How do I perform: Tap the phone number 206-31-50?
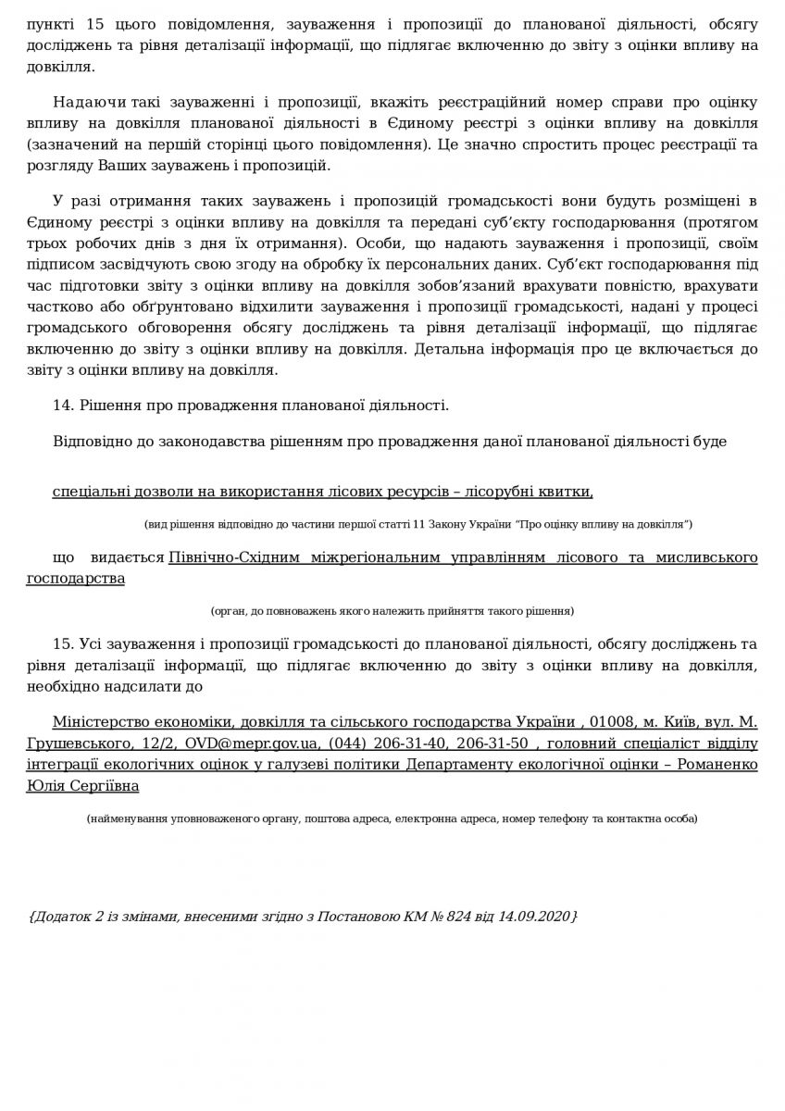pyautogui.click(x=498, y=743)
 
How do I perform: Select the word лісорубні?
pyautogui.click(x=514, y=489)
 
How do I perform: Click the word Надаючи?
pyautogui.click(x=83, y=101)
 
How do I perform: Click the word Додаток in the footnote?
pyautogui.click(x=65, y=916)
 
